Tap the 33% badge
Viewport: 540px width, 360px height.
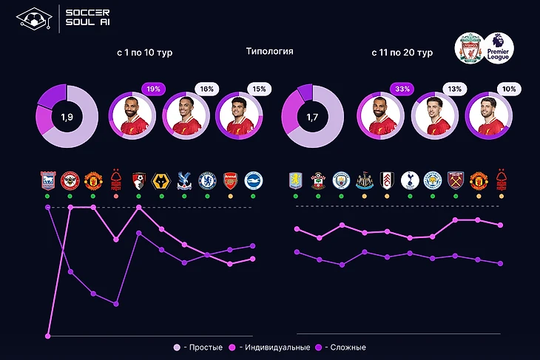click(x=403, y=89)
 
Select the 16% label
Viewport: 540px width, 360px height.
click(x=206, y=89)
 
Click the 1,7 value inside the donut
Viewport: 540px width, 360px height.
click(x=314, y=116)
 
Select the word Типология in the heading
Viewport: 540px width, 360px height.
click(x=269, y=52)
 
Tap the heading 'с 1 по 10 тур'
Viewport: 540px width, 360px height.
click(x=145, y=53)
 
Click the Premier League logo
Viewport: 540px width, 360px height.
click(x=500, y=48)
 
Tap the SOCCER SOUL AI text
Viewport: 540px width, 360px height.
click(x=87, y=17)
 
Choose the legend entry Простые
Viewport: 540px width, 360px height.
click(x=201, y=347)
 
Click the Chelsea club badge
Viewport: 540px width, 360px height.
click(x=207, y=181)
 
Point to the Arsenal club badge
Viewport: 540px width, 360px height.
click(x=230, y=181)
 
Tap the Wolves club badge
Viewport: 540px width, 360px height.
click(x=161, y=181)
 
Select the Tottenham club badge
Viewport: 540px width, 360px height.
click(x=410, y=181)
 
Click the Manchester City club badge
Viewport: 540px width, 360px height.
click(x=341, y=181)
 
